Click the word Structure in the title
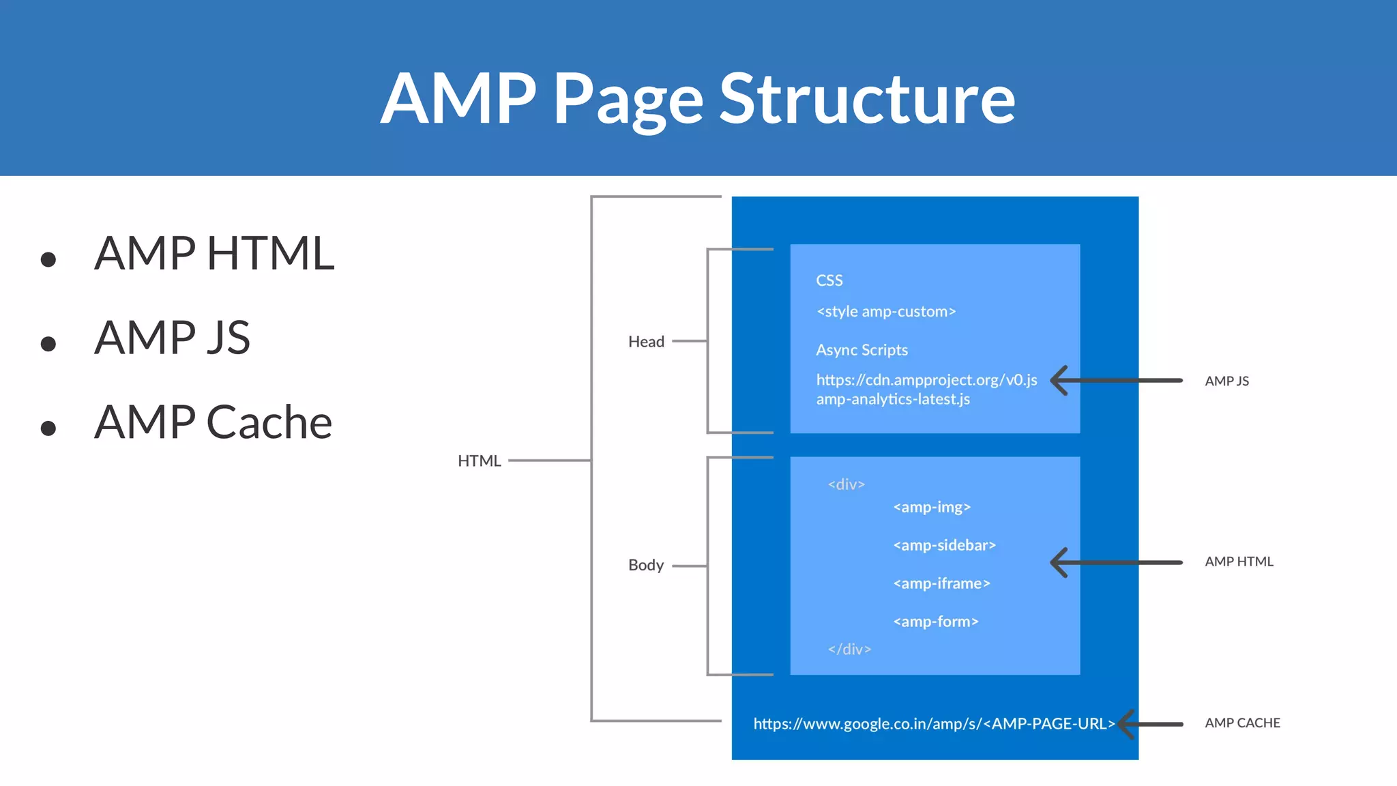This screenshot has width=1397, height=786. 867,99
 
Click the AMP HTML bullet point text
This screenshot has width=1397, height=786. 214,253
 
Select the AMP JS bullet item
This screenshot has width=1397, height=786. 172,337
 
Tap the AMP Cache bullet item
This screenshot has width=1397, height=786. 213,422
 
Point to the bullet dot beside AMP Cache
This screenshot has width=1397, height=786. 48,428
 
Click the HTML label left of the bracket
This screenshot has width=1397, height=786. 479,461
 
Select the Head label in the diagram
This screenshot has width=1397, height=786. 646,342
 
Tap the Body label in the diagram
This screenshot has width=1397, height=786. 645,565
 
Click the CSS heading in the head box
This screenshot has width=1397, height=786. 829,280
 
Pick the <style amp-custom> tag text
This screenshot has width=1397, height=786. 885,312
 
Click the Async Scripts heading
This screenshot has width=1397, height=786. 862,350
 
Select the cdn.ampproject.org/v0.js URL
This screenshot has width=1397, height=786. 926,380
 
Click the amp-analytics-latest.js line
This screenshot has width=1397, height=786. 892,399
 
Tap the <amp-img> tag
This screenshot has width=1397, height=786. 931,507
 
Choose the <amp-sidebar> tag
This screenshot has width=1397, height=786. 944,545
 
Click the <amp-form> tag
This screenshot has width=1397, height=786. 935,622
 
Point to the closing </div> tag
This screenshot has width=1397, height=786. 849,649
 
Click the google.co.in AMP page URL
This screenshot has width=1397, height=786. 933,724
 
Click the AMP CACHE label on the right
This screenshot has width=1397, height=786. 1242,723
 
